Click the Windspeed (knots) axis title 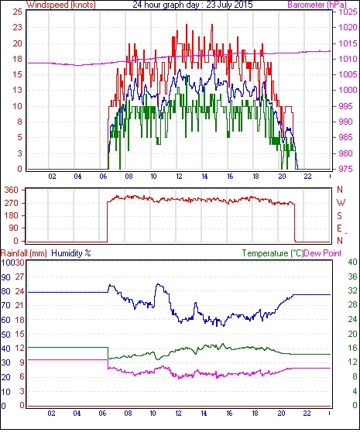click(61, 5)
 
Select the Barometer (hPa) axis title click(317, 5)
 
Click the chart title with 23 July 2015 click(193, 5)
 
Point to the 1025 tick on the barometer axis click(348, 12)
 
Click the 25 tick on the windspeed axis click(17, 12)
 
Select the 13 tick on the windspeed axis click(17, 90)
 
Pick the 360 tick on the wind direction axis click(12, 191)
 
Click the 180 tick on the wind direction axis click(12, 215)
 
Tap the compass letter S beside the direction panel click(339, 215)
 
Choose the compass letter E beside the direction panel click(339, 228)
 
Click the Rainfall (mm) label click(24, 253)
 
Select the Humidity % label click(71, 253)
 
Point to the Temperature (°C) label click(273, 253)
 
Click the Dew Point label click(323, 253)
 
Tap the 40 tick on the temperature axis click(352, 262)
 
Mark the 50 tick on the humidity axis click(6, 335)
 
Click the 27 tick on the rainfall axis click(19, 277)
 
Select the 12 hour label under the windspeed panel click(179, 177)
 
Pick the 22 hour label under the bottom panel click(307, 414)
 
